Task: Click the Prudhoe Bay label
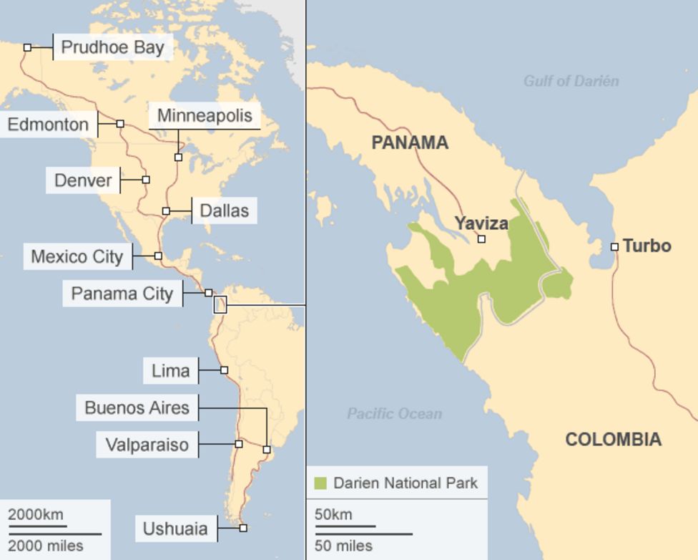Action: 112,47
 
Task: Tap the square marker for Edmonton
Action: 120,124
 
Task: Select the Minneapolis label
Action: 205,115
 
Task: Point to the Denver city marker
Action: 146,180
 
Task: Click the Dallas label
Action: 224,211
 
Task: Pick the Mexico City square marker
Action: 158,256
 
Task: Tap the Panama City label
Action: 122,293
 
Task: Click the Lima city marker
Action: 224,370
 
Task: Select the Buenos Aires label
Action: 137,407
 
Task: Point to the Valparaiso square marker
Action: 239,444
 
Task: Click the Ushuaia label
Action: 175,528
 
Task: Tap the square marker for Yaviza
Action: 481,239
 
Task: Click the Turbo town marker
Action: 614,247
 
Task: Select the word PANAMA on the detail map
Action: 410,143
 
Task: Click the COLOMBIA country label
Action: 613,439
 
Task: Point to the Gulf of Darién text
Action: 571,81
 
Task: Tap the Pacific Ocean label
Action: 394,413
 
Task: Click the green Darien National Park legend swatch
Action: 320,483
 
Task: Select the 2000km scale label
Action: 36,514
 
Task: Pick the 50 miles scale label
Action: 343,546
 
